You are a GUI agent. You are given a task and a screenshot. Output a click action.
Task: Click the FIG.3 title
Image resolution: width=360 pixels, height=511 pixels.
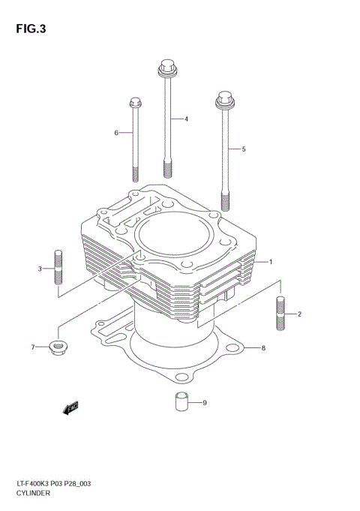[x=29, y=30]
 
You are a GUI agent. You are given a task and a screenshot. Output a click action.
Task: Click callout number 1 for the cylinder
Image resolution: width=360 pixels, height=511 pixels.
[x=270, y=262]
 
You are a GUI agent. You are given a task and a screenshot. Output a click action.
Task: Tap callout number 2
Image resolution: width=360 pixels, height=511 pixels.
[x=299, y=314]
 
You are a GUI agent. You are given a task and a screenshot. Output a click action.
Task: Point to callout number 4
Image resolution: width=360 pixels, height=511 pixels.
[x=186, y=119]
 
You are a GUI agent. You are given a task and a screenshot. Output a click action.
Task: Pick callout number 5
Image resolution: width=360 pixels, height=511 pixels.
[x=243, y=149]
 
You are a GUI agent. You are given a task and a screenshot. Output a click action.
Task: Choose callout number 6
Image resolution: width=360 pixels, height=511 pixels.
[x=116, y=133]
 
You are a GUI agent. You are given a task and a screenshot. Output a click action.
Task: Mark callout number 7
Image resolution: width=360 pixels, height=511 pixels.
[x=33, y=347]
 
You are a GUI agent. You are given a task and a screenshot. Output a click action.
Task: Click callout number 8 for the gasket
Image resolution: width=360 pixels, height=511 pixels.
[x=263, y=348]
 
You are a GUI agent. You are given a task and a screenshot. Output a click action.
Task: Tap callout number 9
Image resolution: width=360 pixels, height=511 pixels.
[x=204, y=403]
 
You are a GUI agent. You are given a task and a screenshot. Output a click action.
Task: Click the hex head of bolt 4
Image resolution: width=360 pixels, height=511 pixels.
[x=166, y=70]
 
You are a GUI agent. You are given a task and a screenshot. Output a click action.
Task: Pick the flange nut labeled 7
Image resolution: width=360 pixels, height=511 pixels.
[x=57, y=347]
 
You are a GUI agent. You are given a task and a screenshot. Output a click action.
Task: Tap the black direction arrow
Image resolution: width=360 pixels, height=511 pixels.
[x=71, y=408]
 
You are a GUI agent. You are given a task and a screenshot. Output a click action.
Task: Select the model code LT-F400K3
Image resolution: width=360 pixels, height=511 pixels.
[x=34, y=485]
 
